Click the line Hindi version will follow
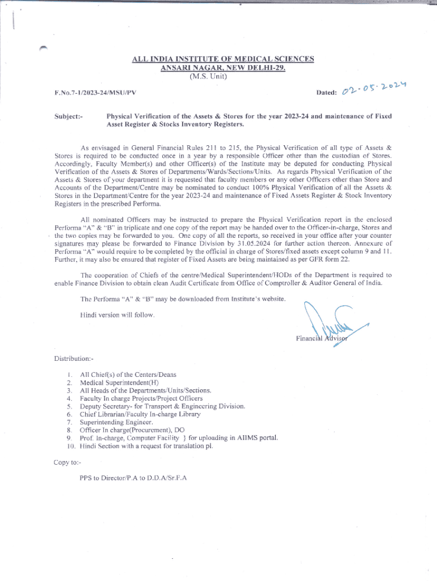coord(117,314)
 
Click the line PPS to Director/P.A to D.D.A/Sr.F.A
coord(133,478)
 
